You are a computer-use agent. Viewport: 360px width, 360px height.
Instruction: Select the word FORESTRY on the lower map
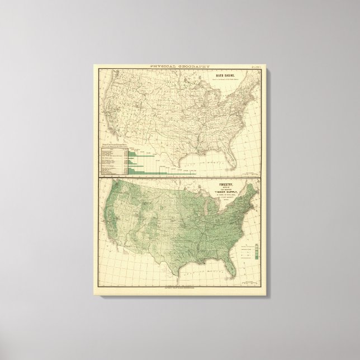click(x=229, y=182)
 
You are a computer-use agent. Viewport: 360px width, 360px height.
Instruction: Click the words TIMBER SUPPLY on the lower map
click(x=229, y=191)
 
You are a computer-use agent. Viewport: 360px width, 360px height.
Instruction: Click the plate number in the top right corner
click(x=254, y=67)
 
